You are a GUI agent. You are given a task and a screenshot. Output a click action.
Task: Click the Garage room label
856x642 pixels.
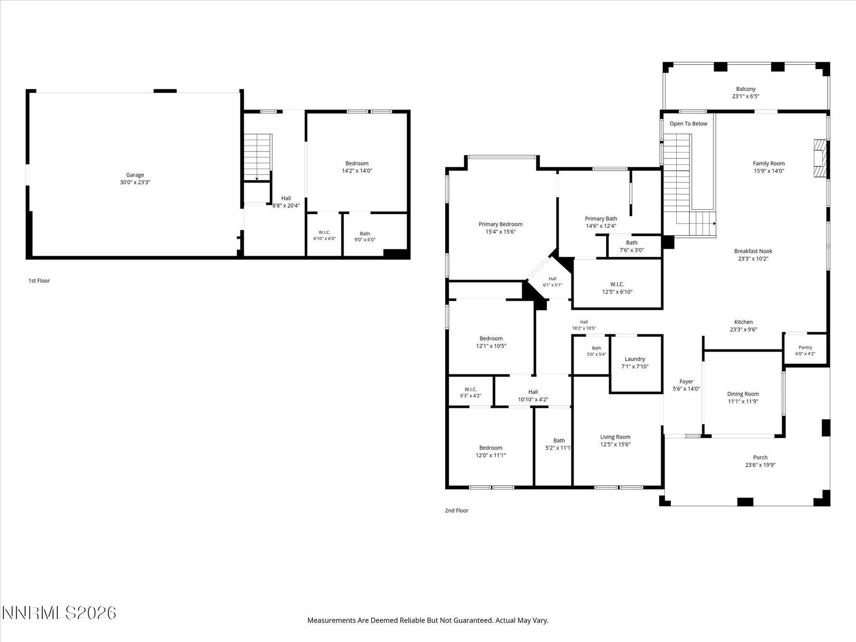coord(135,175)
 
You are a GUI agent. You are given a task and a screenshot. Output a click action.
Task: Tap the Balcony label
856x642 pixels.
coord(746,89)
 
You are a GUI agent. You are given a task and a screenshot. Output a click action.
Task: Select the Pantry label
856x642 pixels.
coord(805,347)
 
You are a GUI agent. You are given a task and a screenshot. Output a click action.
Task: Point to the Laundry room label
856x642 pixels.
coord(635,359)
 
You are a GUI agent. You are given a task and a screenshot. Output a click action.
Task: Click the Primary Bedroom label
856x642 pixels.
coord(500,224)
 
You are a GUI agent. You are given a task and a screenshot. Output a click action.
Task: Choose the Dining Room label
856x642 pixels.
coord(743,394)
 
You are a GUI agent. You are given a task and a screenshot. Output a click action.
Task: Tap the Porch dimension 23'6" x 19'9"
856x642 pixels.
coord(760,464)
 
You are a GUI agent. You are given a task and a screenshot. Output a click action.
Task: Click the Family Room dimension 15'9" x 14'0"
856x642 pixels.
coord(769,171)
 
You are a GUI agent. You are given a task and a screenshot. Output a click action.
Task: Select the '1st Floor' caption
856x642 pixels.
coord(39,281)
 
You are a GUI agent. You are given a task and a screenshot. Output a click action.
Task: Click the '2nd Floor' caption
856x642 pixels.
coord(457,510)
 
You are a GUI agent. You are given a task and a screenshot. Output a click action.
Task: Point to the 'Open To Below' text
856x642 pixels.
coord(689,124)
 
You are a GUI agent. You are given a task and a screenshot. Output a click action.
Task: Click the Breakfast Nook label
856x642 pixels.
coord(753,251)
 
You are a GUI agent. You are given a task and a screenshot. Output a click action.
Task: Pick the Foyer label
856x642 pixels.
coord(686,381)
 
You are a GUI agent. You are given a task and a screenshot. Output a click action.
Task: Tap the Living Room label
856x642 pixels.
coord(615,437)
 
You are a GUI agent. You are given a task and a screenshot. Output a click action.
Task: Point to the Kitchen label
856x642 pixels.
coord(743,322)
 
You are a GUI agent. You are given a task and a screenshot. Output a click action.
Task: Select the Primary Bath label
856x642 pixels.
coord(601,219)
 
